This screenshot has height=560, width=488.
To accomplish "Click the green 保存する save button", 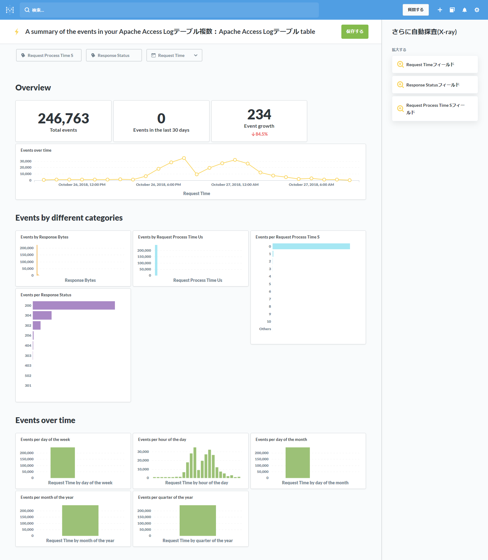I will [x=355, y=32].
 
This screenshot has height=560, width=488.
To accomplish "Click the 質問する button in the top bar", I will [x=415, y=10].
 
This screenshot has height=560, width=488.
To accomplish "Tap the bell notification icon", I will [x=464, y=10].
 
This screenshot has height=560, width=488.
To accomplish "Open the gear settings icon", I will [x=477, y=10].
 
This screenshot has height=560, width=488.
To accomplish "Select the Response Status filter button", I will [x=114, y=55].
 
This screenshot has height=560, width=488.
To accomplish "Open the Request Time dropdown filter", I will [x=174, y=55].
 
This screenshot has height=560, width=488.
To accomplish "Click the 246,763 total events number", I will [x=63, y=118].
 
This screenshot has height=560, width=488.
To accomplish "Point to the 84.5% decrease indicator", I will [x=259, y=134].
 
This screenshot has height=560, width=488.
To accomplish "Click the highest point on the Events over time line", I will [x=184, y=158].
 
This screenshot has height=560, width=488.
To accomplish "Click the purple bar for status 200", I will [x=74, y=306].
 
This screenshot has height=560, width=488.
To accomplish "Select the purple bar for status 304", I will [x=42, y=315].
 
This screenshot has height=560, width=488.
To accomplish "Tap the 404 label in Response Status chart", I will [x=28, y=346].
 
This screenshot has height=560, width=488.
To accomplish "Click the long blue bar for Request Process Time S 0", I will [x=311, y=246].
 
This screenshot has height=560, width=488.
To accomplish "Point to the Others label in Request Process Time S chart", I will [x=265, y=329].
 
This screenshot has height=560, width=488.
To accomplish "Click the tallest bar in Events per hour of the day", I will [x=195, y=462].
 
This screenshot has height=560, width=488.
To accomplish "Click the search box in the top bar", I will [x=169, y=10].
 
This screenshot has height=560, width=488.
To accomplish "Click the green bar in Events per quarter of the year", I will [x=197, y=520].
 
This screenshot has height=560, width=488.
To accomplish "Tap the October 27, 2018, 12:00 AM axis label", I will [x=235, y=185].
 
